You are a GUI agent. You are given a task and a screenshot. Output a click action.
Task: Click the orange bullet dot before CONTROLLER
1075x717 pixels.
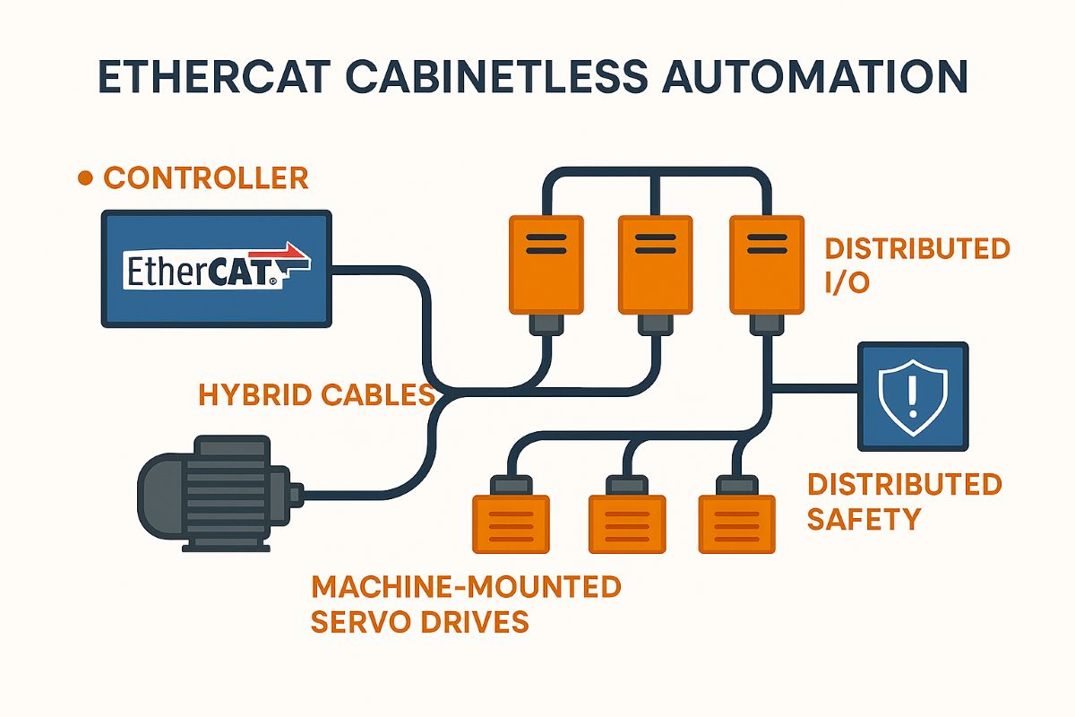point(86,178)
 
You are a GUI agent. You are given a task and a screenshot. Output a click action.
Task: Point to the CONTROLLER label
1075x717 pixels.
point(206,177)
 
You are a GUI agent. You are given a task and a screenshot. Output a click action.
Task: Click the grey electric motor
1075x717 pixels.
point(215,493)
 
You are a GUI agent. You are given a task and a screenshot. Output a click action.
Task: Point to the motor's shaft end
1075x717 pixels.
point(297,494)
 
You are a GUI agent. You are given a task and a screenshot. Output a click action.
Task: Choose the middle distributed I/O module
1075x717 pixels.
point(654,265)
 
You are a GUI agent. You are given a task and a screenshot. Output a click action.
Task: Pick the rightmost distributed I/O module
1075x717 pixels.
point(764,265)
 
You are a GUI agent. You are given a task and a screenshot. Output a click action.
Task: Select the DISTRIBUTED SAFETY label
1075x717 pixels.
point(904,501)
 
